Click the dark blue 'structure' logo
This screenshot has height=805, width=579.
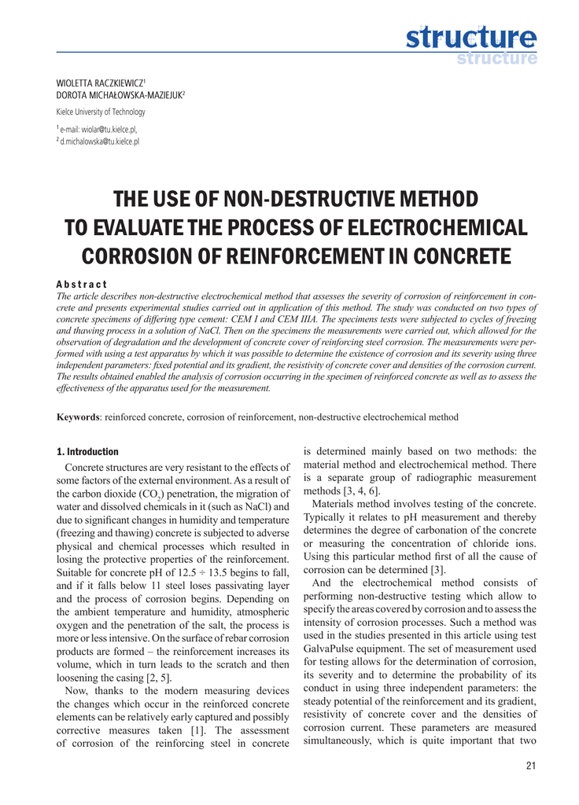point(471,36)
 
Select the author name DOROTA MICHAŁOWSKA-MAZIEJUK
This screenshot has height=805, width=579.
point(119,95)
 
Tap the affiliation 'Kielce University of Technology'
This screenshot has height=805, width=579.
point(101,112)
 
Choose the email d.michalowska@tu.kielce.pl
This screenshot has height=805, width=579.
point(100,141)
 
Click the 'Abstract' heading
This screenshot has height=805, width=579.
point(82,284)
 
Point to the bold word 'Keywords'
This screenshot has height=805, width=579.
point(78,417)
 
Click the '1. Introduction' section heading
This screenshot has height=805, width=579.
point(87,452)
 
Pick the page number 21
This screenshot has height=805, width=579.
point(529,766)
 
